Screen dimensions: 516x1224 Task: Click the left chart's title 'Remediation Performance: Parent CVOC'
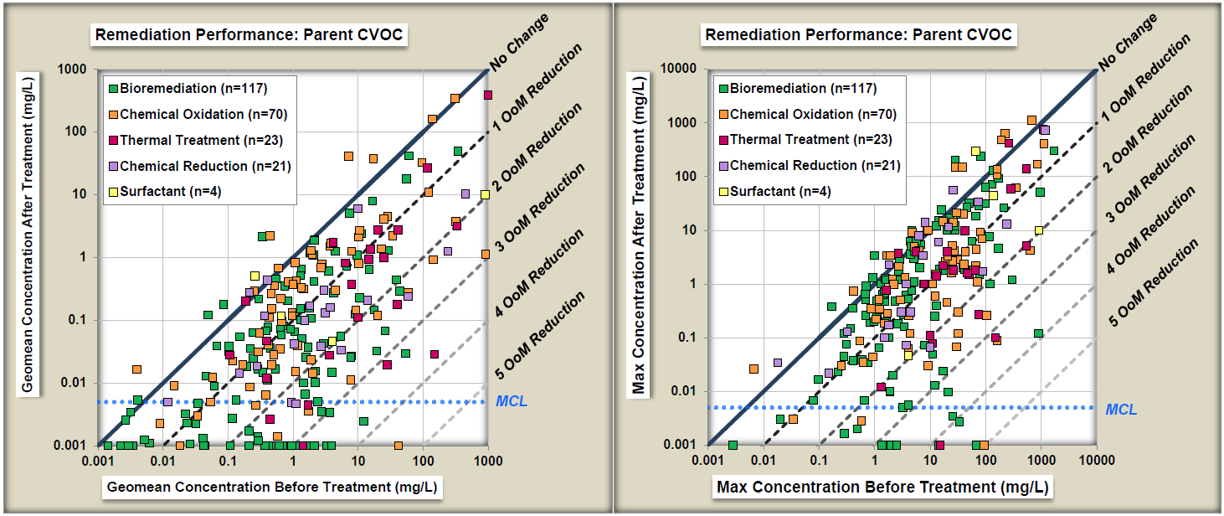248,35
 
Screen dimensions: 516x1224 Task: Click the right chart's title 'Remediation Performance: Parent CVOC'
858,35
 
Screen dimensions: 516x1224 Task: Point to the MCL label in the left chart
512,402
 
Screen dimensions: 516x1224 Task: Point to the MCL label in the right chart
1121,410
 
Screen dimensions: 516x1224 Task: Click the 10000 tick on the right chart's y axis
680,69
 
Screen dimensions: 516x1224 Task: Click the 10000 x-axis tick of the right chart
1096,461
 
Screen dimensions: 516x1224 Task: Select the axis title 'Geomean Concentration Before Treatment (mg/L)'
272,487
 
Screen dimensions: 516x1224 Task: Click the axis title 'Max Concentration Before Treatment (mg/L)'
882,487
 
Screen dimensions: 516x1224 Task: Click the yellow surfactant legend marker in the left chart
113,193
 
